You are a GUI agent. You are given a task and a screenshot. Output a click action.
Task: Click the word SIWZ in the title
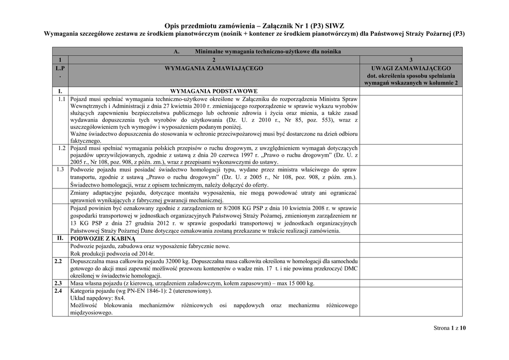(x=333, y=25)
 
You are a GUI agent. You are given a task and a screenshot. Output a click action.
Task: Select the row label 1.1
(x=62, y=99)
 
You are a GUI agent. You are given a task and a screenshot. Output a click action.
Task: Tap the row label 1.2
(x=62, y=148)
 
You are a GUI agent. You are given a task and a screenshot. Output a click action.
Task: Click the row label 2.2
(x=58, y=261)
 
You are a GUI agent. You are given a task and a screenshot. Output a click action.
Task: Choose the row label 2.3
(x=58, y=283)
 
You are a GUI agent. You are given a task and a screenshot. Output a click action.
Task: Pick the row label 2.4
(x=58, y=290)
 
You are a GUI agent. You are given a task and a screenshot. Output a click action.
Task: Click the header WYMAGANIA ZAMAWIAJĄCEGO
(x=214, y=68)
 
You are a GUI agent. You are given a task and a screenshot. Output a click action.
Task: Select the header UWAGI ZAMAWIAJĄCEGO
(x=411, y=68)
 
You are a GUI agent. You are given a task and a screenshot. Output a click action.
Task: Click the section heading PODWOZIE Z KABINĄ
(x=99, y=239)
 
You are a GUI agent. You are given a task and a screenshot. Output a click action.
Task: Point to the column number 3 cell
(x=411, y=59)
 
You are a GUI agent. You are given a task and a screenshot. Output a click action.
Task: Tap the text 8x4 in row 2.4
(x=118, y=298)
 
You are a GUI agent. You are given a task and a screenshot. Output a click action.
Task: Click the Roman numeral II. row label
(x=60, y=238)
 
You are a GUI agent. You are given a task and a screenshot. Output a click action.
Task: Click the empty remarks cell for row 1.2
(x=411, y=155)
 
